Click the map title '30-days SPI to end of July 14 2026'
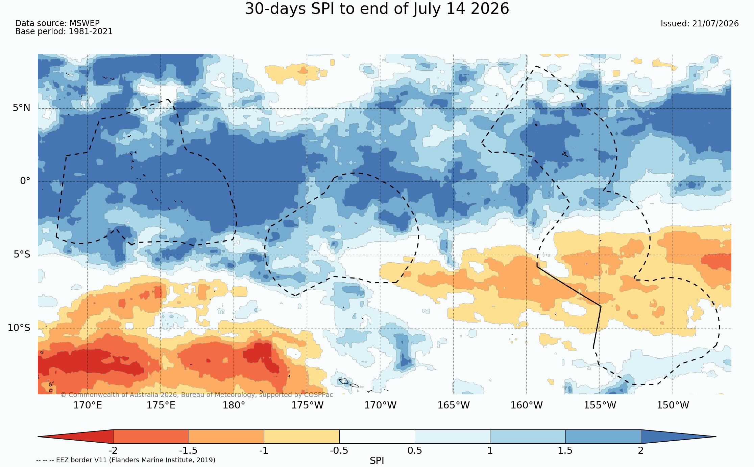377,9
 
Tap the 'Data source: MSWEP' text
57,23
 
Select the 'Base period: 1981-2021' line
64,31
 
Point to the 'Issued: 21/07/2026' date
700,24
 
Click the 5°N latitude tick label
22,108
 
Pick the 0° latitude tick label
25,181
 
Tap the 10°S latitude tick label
19,328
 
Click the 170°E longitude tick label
88,405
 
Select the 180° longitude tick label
234,405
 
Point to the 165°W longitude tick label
454,405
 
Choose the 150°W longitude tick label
673,405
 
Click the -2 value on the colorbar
113,451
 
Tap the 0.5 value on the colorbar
415,451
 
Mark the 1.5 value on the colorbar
565,451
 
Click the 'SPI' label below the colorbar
377,461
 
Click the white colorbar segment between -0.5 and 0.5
377,437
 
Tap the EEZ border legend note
126,460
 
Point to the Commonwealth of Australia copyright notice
197,395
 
